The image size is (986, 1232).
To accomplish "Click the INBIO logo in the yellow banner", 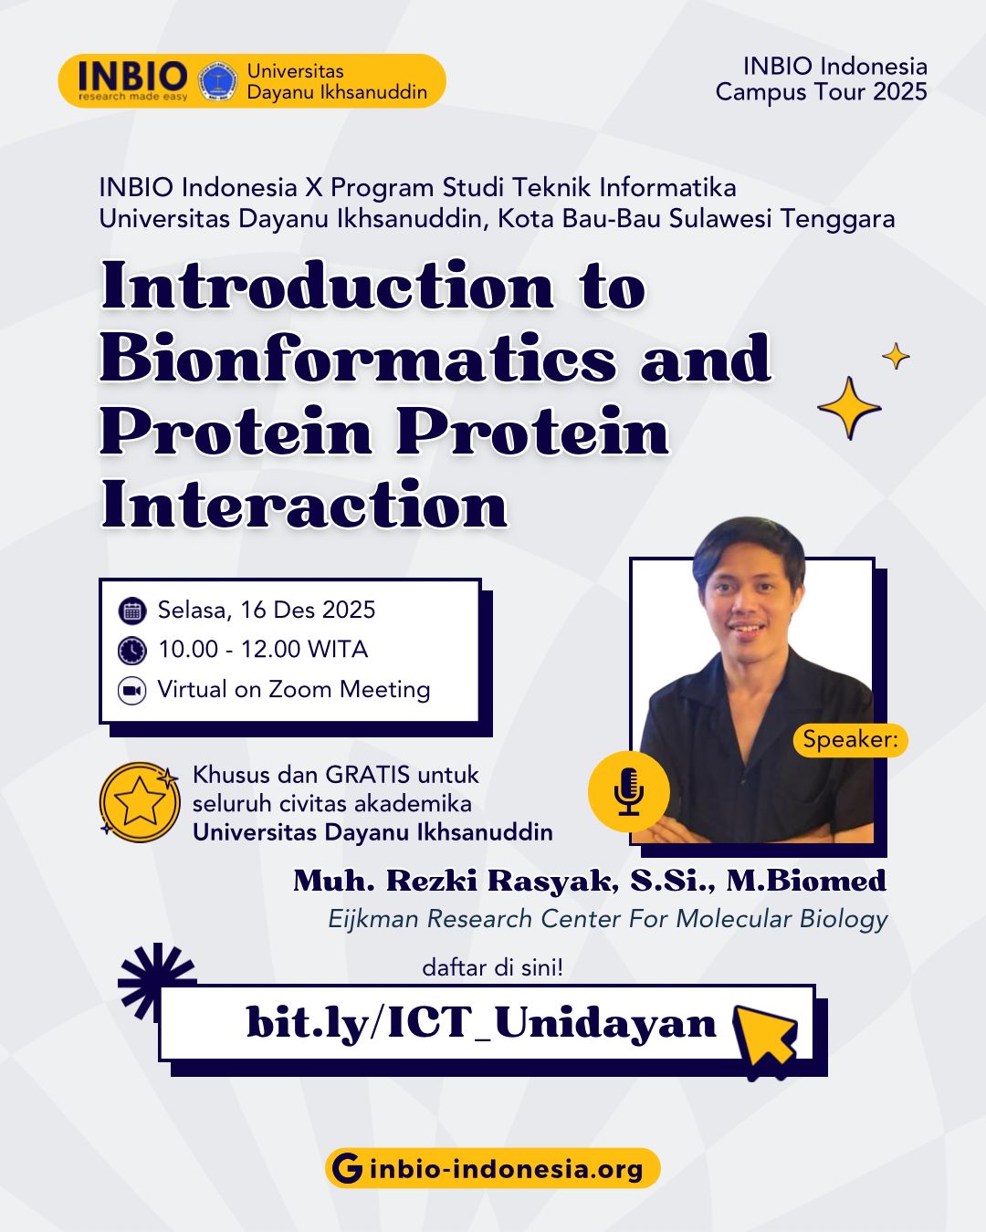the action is click(x=133, y=80).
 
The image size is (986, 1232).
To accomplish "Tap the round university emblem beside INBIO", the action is click(x=217, y=80).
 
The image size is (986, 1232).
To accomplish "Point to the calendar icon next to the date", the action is click(x=131, y=611).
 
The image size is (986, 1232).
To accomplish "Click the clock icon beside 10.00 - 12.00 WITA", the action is click(x=131, y=651).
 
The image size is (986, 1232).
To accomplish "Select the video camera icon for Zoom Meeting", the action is click(x=131, y=691).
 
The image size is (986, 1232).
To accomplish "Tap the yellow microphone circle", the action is click(x=628, y=791).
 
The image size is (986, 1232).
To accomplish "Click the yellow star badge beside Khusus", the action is click(x=140, y=801).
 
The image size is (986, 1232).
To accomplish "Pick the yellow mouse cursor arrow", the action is click(x=765, y=1042).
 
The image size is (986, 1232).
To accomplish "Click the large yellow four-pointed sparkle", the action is click(x=849, y=408).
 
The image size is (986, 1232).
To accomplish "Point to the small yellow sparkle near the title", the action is click(x=896, y=356).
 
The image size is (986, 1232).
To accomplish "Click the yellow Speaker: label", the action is click(x=850, y=740).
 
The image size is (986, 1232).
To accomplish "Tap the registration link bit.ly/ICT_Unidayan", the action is click(x=481, y=1022).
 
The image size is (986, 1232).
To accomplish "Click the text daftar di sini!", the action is click(x=493, y=967).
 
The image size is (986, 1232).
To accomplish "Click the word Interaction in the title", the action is click(x=305, y=504).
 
